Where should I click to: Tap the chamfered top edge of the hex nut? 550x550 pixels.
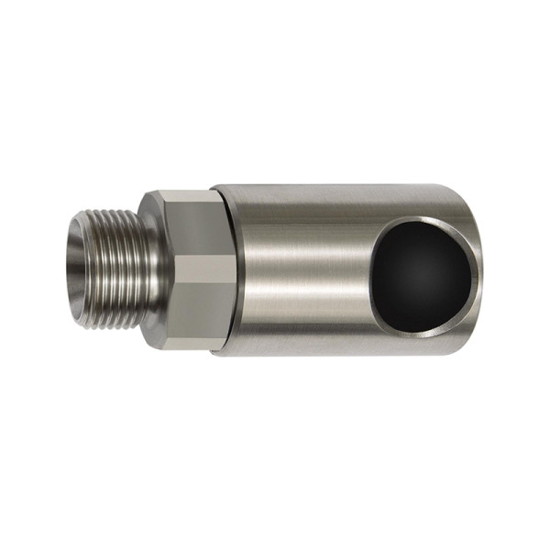tap(179, 194)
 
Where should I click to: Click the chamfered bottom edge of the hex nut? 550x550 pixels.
tap(179, 343)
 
